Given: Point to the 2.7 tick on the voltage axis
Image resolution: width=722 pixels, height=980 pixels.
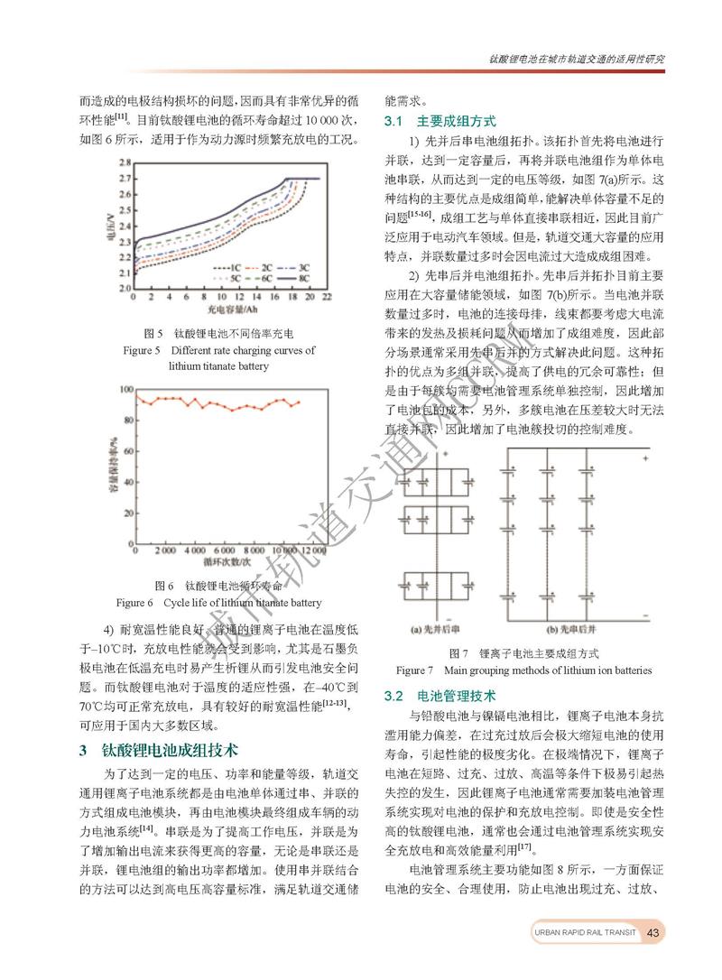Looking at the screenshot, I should [x=125, y=179].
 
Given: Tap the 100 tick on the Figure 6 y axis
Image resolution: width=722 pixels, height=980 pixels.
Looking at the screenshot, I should [x=124, y=390].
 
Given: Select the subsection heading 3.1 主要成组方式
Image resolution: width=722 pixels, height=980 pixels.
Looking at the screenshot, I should [x=440, y=120].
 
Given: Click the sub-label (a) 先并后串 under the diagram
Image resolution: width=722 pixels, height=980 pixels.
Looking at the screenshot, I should [x=437, y=629].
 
